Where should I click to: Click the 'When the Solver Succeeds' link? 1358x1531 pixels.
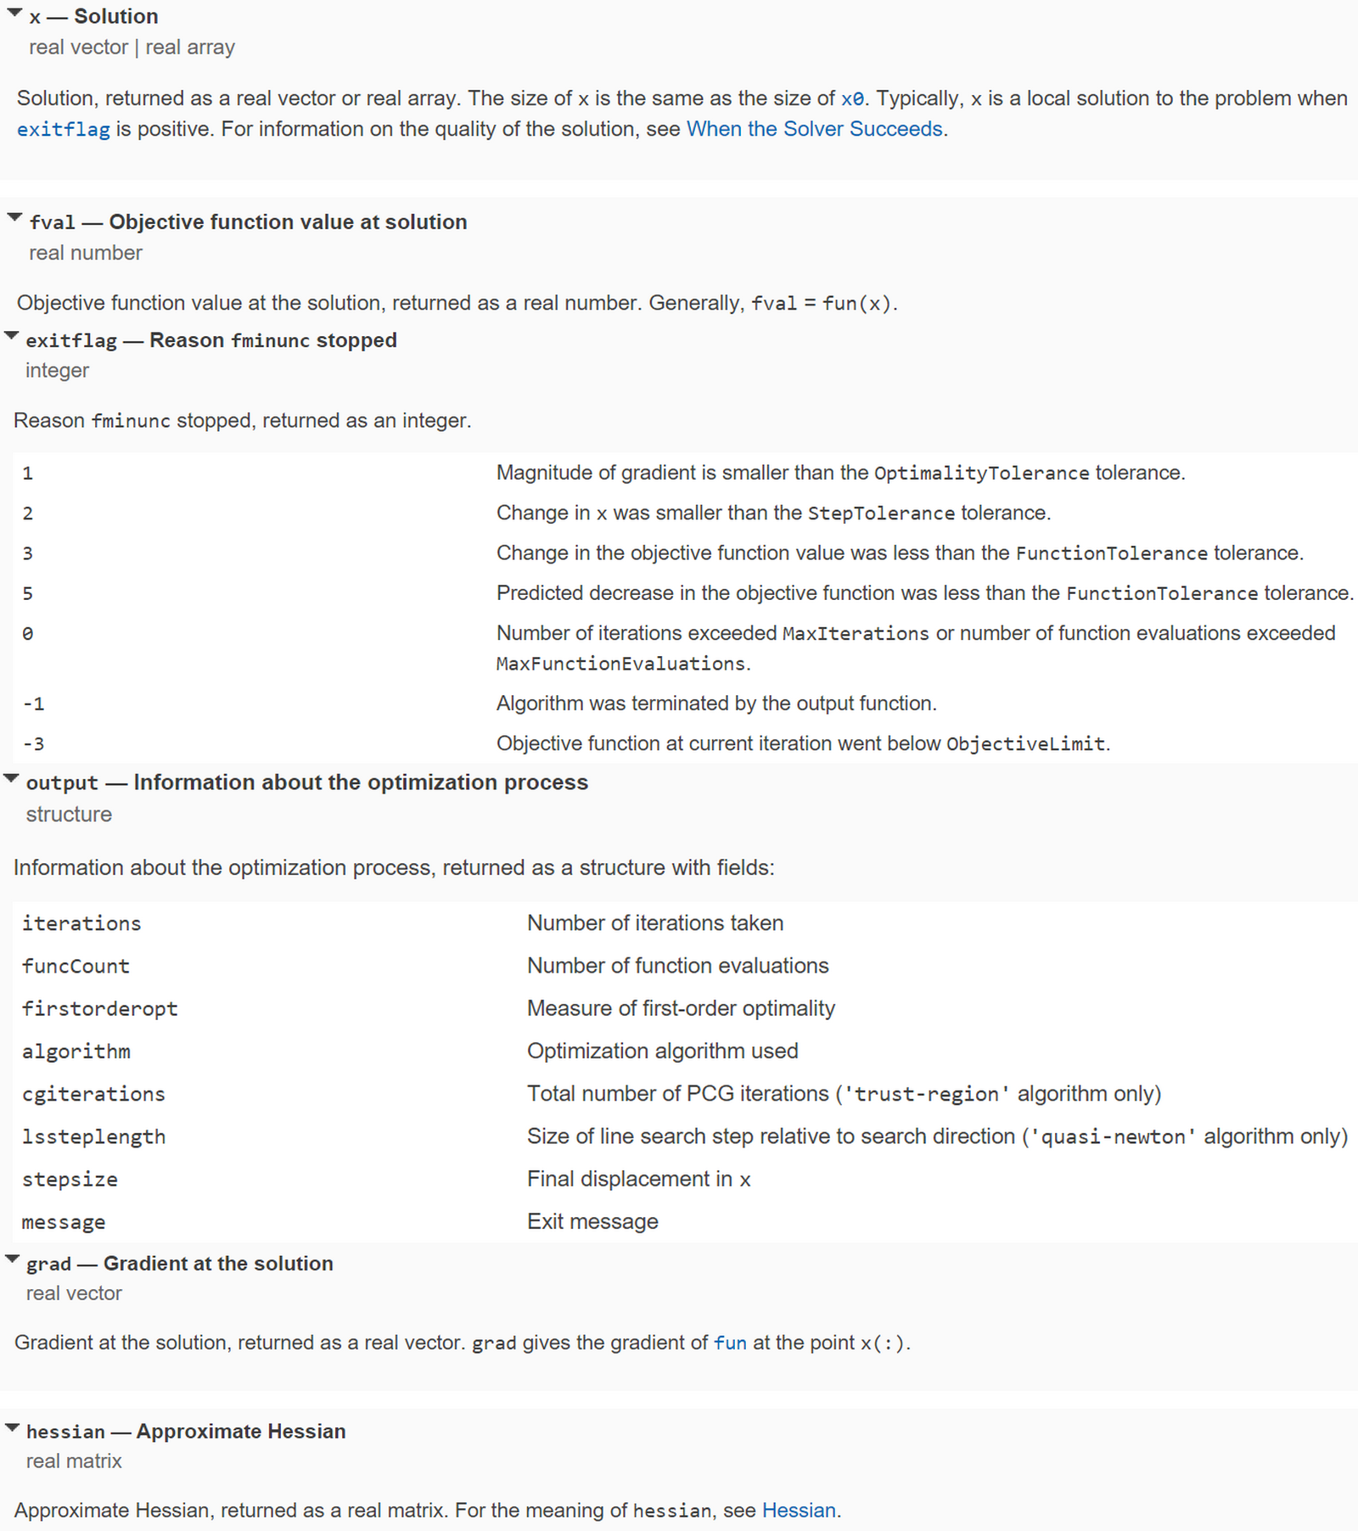[814, 129]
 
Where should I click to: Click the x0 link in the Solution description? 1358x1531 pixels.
[852, 98]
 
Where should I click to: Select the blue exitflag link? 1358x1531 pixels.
[63, 130]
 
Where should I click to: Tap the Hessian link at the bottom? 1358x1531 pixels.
[799, 1511]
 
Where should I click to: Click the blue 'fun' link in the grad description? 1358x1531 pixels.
[730, 1343]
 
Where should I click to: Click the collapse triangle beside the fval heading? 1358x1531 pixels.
[14, 218]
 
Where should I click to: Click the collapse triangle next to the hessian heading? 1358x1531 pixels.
[12, 1427]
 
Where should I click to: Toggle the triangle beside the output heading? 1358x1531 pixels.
[12, 778]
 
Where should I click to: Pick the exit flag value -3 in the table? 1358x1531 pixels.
[33, 744]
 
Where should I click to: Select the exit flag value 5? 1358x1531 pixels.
[28, 593]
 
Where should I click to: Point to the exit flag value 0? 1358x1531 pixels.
[28, 634]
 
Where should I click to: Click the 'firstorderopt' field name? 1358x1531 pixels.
[99, 1009]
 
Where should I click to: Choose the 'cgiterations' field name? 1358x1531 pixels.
[93, 1094]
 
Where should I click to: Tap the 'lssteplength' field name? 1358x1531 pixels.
[93, 1137]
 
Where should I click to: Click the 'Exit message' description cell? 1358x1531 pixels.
[592, 1221]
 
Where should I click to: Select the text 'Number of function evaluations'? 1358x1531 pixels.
[677, 966]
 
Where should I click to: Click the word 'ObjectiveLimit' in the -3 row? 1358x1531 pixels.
[1025, 744]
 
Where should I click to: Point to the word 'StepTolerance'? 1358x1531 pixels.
[881, 513]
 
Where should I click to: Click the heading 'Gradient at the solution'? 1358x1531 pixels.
[218, 1264]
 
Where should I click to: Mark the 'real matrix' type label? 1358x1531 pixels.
[74, 1461]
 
